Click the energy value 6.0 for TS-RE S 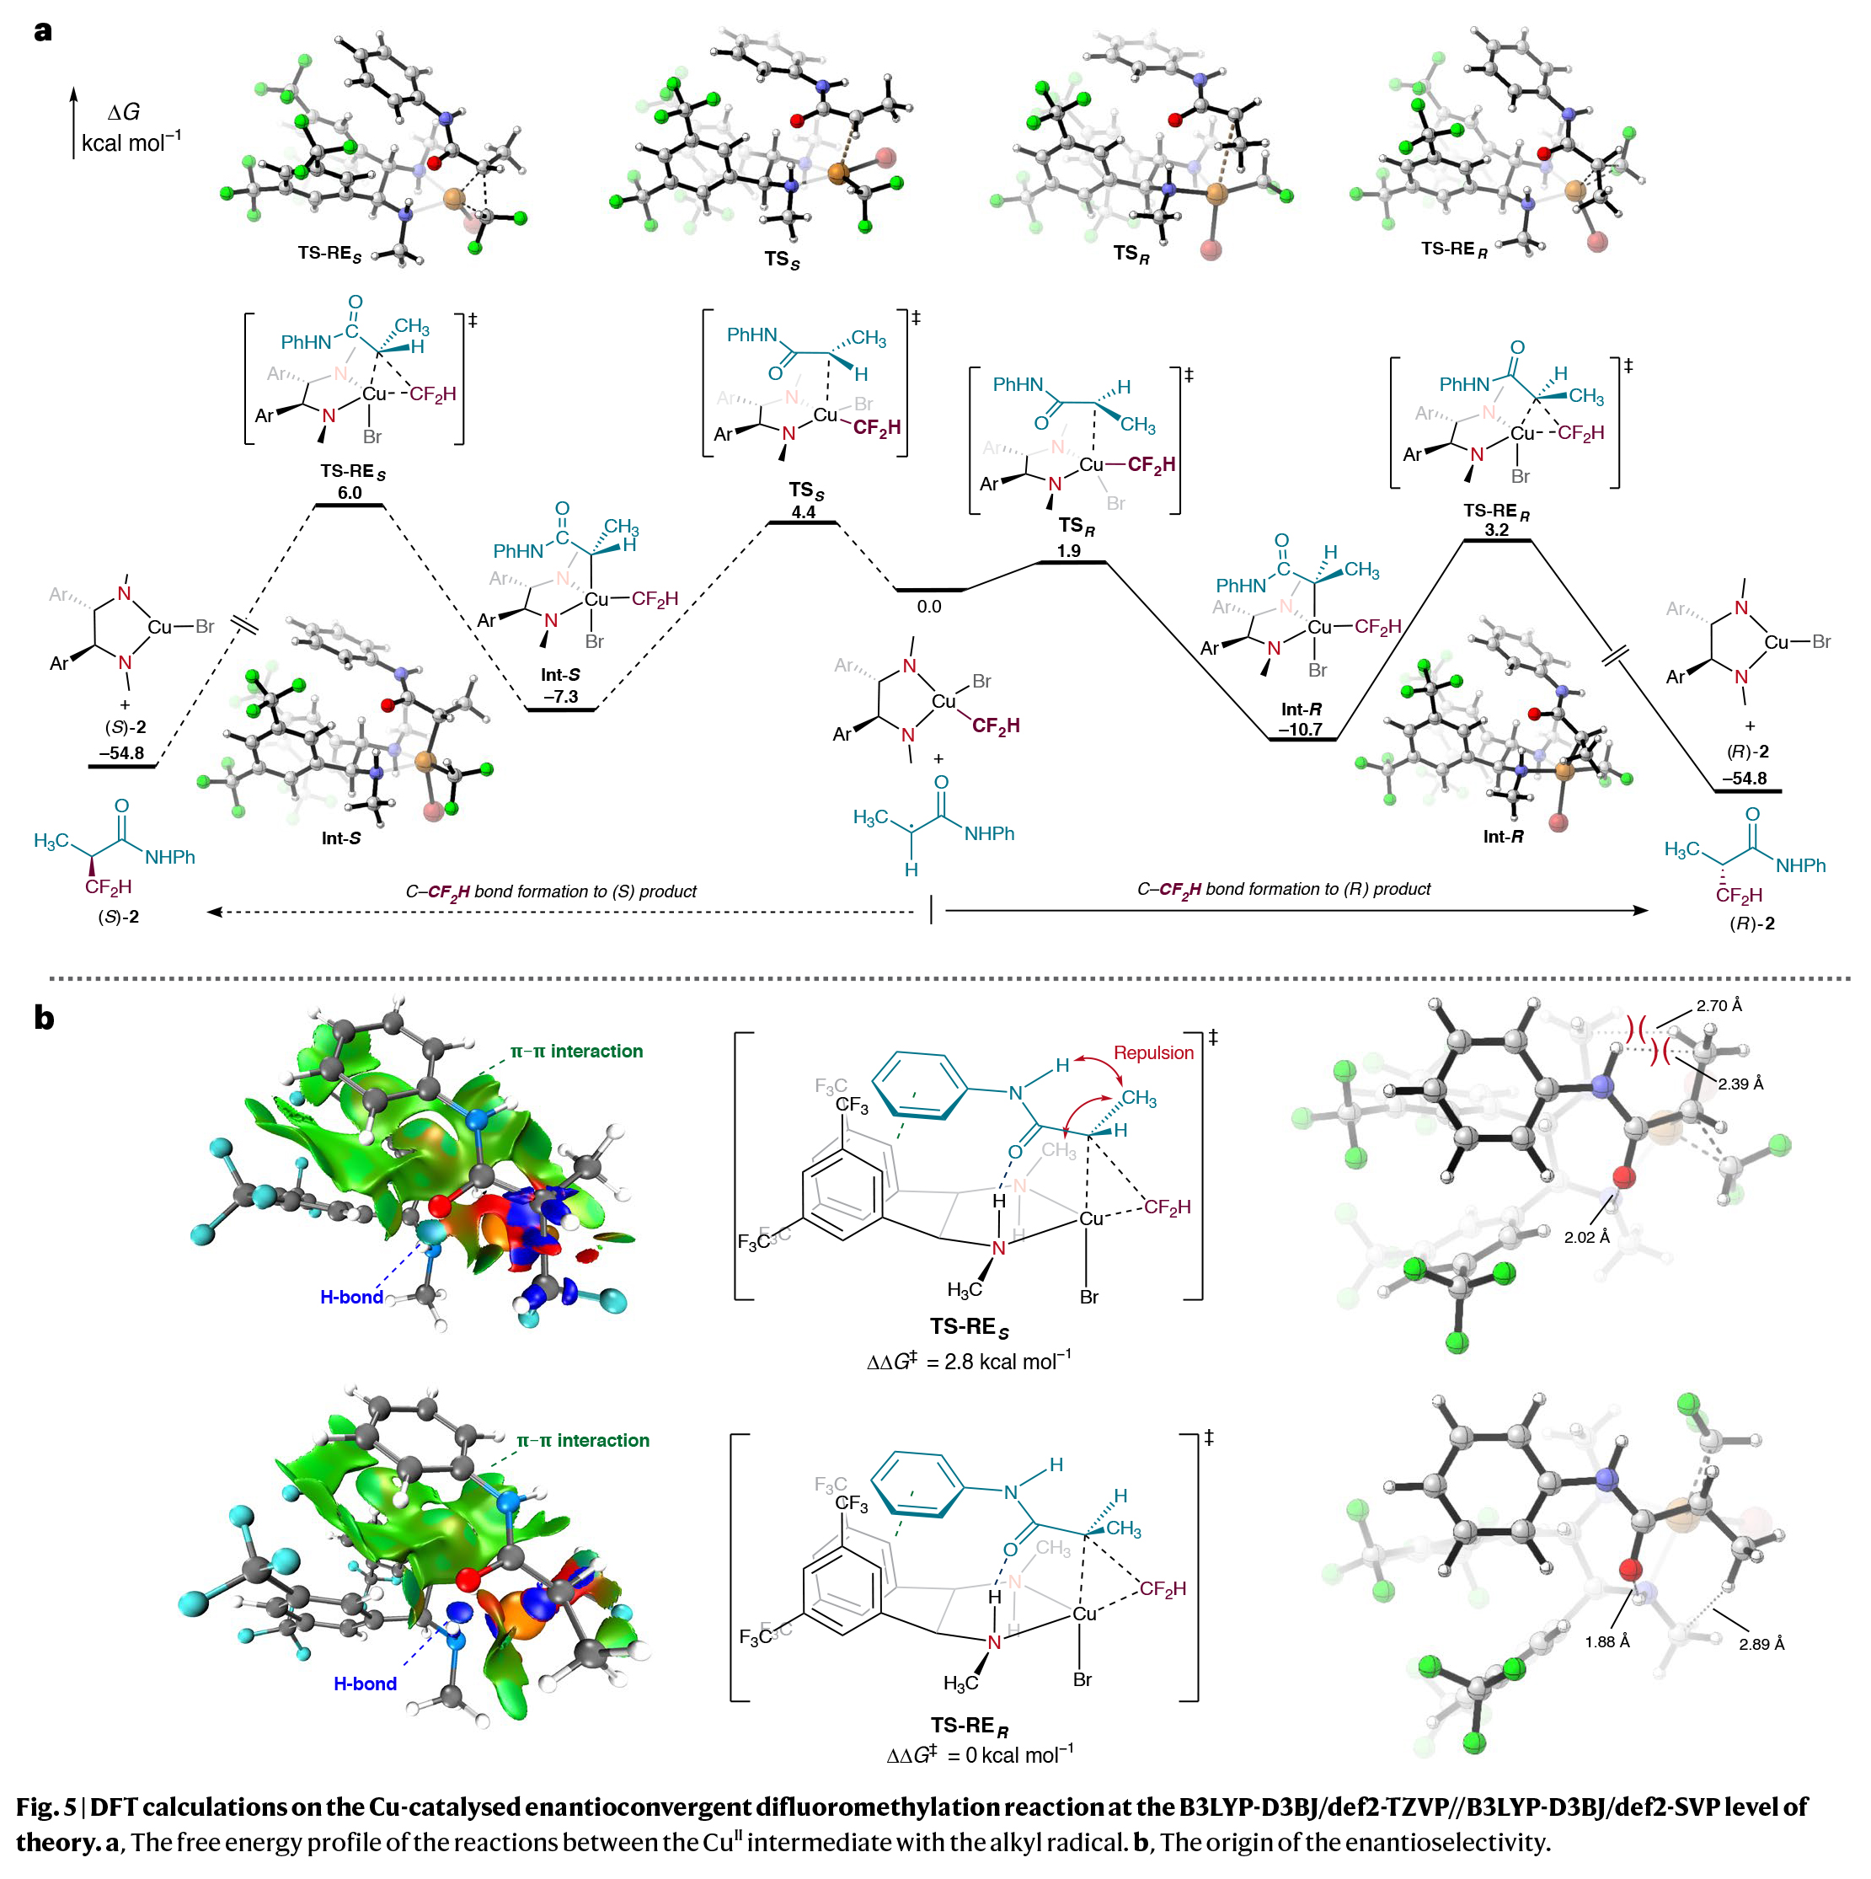pyautogui.click(x=349, y=493)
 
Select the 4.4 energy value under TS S pyautogui.click(x=804, y=512)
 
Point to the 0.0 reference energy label pyautogui.click(x=928, y=607)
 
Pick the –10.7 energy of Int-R pyautogui.click(x=1300, y=730)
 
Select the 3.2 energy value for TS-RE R pyautogui.click(x=1497, y=530)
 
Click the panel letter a pyautogui.click(x=43, y=31)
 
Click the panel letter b pyautogui.click(x=44, y=1018)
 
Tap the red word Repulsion pyautogui.click(x=1153, y=1052)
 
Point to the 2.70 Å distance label pyautogui.click(x=1719, y=1005)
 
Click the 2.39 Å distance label pyautogui.click(x=1740, y=1084)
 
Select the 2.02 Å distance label pyautogui.click(x=1586, y=1237)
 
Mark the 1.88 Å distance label pyautogui.click(x=1606, y=1641)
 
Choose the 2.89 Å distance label pyautogui.click(x=1761, y=1645)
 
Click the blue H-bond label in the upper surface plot pyautogui.click(x=351, y=1298)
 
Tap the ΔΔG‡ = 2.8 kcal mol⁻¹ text pyautogui.click(x=969, y=1362)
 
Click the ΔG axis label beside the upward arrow pyautogui.click(x=124, y=113)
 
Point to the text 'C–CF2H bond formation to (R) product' pyautogui.click(x=1284, y=889)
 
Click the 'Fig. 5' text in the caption pyautogui.click(x=45, y=1807)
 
